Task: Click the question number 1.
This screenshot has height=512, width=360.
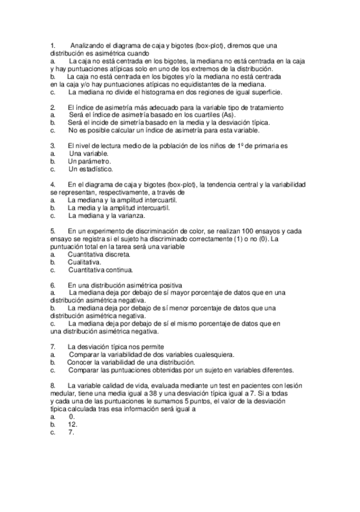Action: click(x=53, y=46)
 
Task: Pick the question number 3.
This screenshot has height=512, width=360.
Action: click(x=53, y=146)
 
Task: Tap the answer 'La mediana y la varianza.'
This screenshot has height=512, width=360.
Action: click(x=106, y=215)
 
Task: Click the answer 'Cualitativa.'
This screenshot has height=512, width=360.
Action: click(x=85, y=262)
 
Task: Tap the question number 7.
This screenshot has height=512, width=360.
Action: click(x=53, y=347)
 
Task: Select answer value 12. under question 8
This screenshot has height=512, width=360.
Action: click(x=72, y=424)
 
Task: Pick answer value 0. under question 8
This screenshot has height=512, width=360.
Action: click(x=72, y=416)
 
